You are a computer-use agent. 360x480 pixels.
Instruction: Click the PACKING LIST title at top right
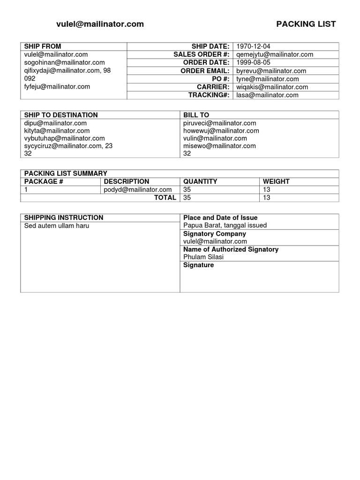click(306, 24)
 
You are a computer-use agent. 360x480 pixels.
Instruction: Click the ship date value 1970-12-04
click(253, 46)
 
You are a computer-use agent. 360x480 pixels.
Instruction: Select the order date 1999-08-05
click(253, 63)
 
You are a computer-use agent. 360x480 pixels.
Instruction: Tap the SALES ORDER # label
click(201, 54)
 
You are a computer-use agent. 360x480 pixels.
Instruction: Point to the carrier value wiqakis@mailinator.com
click(272, 87)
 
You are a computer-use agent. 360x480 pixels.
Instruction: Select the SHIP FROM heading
click(43, 46)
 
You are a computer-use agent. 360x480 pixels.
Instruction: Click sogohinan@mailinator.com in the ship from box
click(65, 62)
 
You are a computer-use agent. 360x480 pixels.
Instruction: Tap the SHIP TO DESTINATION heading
click(61, 115)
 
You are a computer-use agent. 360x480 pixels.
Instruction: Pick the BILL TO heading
click(196, 115)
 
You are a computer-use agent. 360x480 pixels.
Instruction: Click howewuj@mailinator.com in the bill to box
click(221, 131)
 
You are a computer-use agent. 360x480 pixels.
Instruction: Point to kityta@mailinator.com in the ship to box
click(57, 131)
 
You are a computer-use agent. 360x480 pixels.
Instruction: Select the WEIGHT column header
click(276, 181)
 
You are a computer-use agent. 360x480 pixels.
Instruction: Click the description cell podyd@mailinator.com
click(138, 189)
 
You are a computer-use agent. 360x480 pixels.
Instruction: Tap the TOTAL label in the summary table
click(165, 198)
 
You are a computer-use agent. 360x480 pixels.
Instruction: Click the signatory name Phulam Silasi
click(203, 257)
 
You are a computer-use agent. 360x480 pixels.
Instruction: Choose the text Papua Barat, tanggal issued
click(225, 225)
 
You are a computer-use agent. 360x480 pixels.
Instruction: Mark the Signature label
click(198, 265)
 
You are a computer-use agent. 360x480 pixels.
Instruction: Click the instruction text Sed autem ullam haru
click(57, 226)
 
